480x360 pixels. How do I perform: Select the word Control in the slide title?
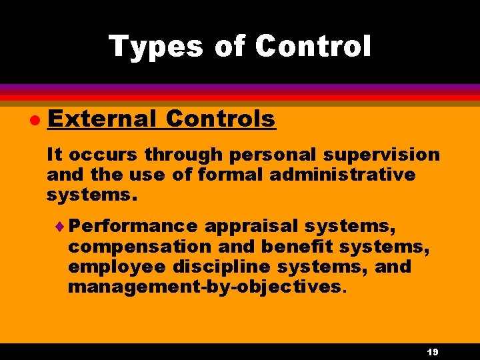click(313, 47)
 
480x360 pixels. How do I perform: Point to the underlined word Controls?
click(220, 119)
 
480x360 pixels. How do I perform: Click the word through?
click(184, 155)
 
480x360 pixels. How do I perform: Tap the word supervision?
click(386, 156)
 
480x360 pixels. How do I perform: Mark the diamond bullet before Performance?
click(63, 226)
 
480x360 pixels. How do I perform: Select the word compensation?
click(139, 247)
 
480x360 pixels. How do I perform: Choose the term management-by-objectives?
click(205, 288)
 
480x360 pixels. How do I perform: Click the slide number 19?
click(431, 352)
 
